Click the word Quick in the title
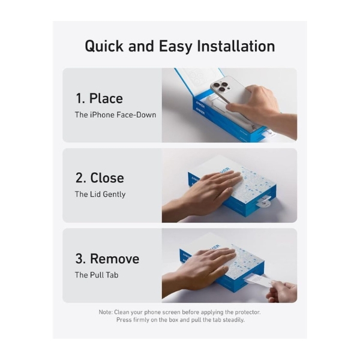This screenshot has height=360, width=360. (x=104, y=47)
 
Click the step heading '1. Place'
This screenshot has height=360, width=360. (x=99, y=98)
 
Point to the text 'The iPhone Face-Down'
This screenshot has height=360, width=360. (x=115, y=115)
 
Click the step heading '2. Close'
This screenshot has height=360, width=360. (x=100, y=178)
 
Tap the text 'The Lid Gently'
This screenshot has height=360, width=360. (x=100, y=194)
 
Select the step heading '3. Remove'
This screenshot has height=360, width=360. (x=107, y=259)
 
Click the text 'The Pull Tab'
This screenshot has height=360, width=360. (x=97, y=275)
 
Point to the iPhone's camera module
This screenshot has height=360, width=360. (x=220, y=86)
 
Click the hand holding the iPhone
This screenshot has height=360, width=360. (x=259, y=108)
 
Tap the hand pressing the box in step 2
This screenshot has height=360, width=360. (x=202, y=193)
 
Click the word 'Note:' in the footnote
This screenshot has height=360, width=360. (x=106, y=312)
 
